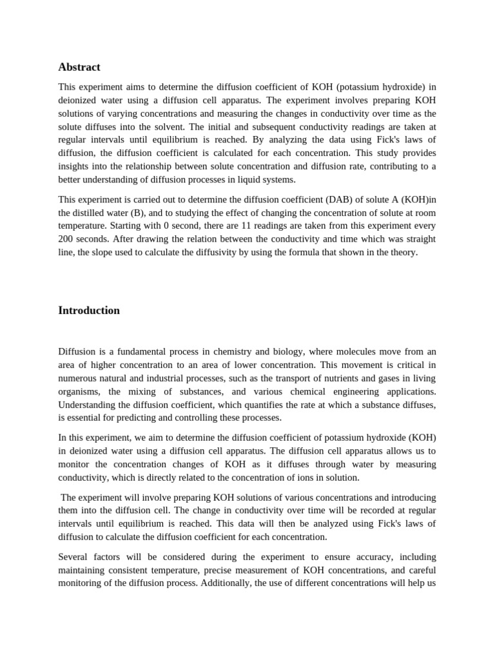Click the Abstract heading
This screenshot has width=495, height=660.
[79, 67]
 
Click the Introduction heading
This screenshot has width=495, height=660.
[89, 310]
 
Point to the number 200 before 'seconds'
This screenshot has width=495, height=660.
[66, 239]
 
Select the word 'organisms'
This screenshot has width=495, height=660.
[80, 391]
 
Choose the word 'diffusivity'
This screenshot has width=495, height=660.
[218, 252]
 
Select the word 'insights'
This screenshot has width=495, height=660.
[75, 166]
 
